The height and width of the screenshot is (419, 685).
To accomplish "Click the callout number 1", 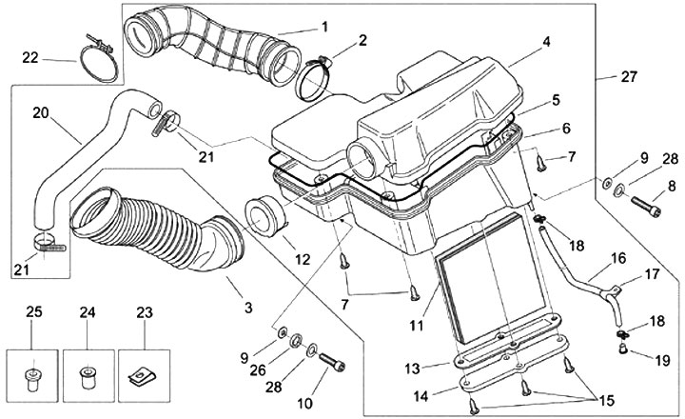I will [x=323, y=26].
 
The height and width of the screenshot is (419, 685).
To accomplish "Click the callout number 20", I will [x=39, y=111].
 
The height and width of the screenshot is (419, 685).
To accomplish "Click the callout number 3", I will [x=248, y=307].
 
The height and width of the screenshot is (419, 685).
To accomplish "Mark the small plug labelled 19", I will [x=624, y=349].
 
